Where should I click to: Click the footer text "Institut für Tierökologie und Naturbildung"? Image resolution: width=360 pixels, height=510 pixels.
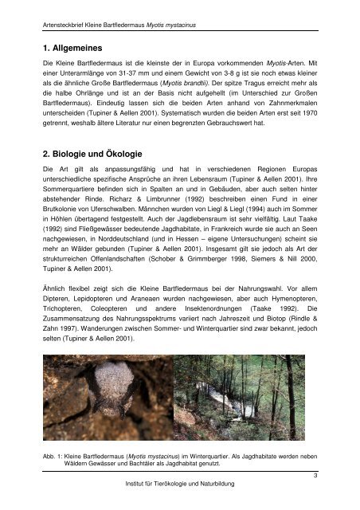[181, 484]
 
